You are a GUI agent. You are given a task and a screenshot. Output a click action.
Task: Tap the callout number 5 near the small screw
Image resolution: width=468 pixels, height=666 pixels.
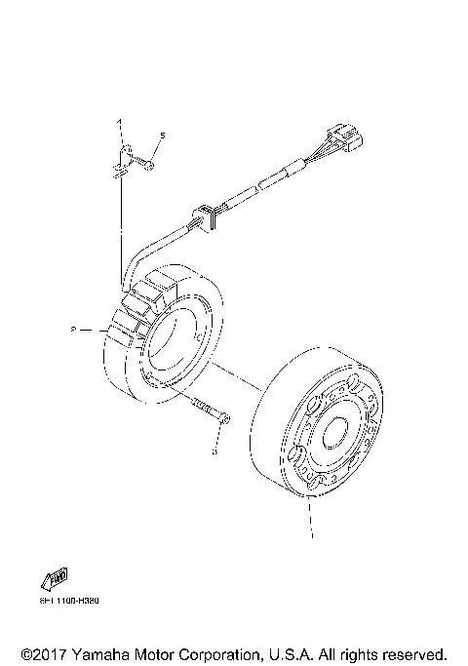pyautogui.click(x=163, y=135)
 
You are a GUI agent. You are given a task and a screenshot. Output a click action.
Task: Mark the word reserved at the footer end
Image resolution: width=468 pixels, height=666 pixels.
pyautogui.click(x=414, y=653)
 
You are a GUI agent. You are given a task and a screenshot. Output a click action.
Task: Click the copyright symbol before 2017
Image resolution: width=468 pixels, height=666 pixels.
pyautogui.click(x=26, y=653)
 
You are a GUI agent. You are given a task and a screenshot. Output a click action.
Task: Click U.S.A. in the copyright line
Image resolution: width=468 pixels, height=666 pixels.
pyautogui.click(x=289, y=653)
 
